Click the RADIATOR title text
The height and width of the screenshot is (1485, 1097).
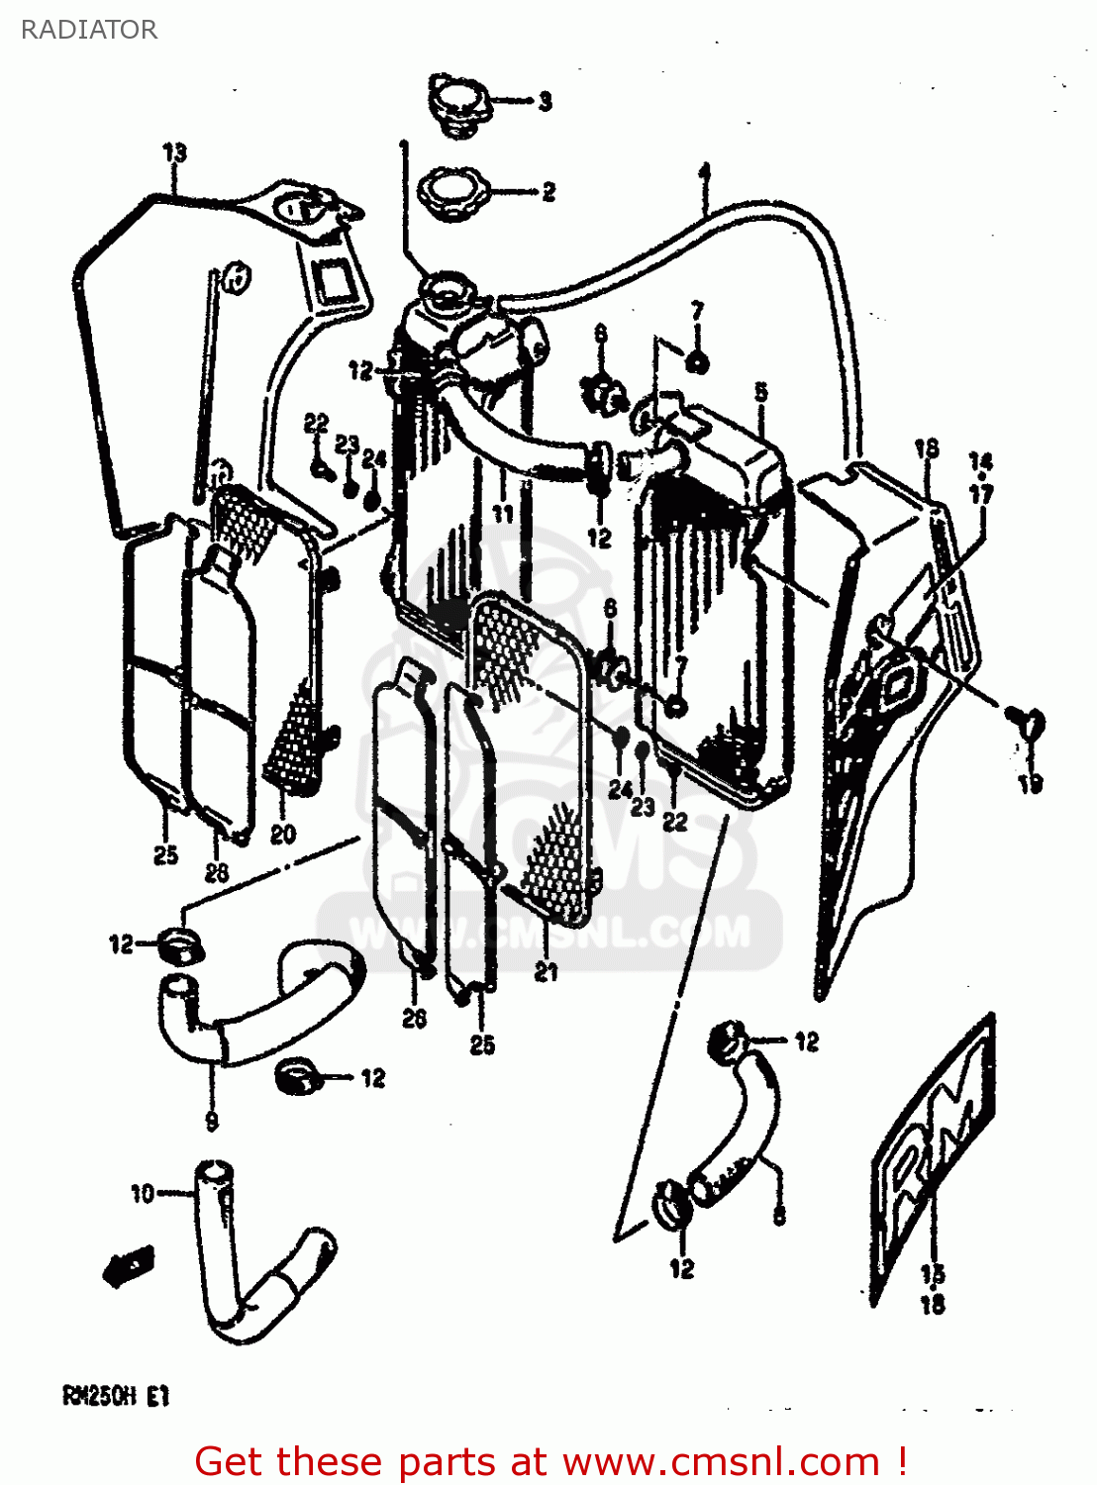[x=88, y=30]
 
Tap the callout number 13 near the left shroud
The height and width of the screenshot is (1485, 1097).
[x=174, y=153]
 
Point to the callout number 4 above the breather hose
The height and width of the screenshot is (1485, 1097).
[x=704, y=173]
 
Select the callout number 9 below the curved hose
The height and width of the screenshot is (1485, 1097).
[x=212, y=1121]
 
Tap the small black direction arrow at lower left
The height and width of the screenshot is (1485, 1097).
[x=127, y=1266]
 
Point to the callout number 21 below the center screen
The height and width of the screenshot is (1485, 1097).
[x=547, y=972]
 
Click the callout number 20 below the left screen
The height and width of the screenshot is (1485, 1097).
[x=283, y=835]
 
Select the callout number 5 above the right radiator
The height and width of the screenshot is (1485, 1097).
[x=760, y=392]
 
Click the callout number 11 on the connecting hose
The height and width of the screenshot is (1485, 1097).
[x=503, y=513]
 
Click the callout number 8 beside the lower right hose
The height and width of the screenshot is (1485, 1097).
[x=779, y=1215]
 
